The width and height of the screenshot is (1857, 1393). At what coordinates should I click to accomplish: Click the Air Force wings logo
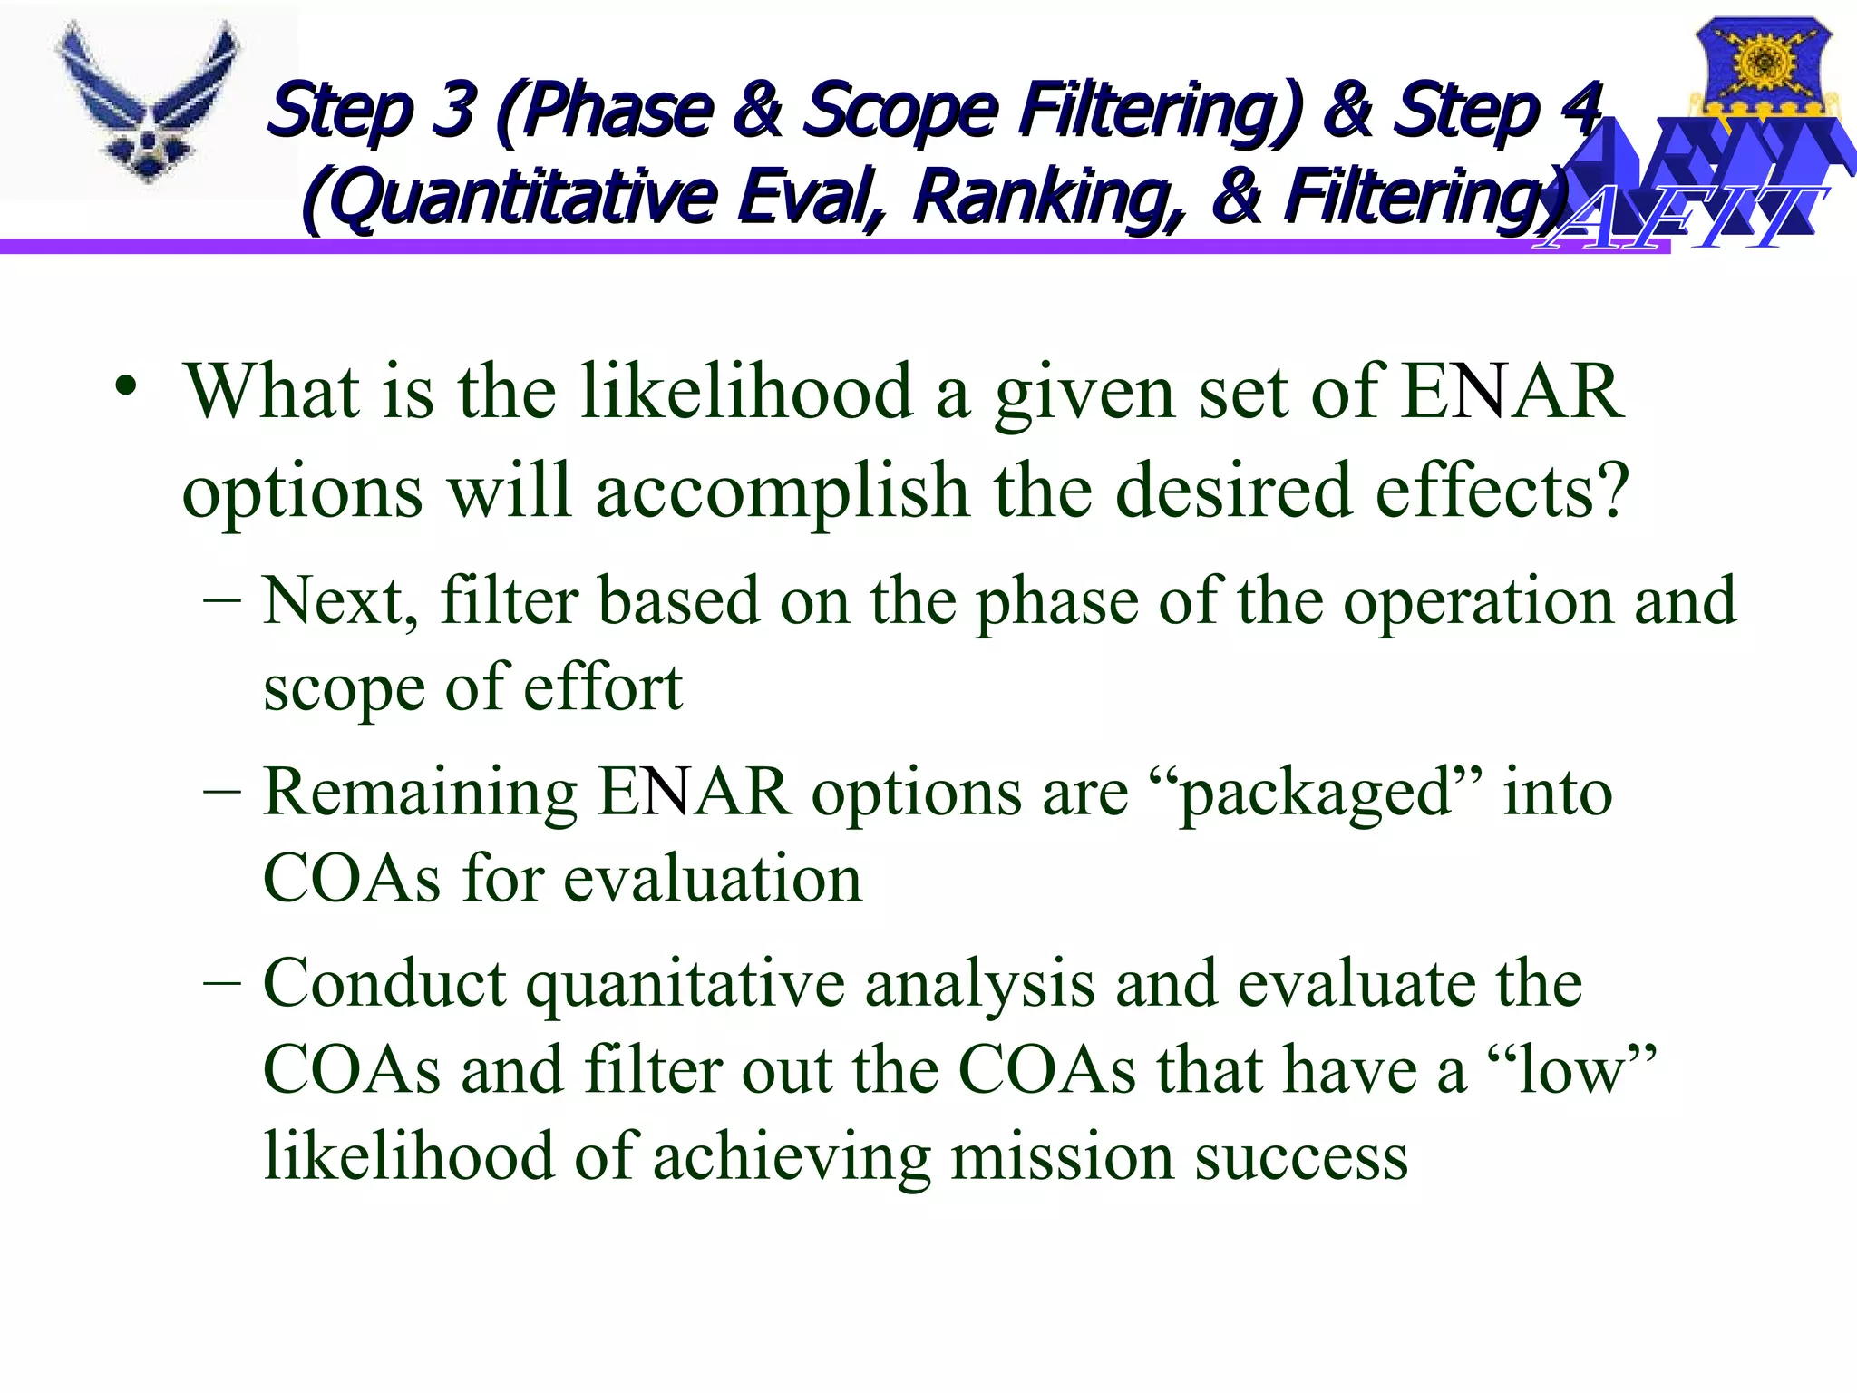(148, 101)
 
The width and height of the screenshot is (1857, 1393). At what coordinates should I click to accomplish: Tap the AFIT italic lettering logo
(1683, 218)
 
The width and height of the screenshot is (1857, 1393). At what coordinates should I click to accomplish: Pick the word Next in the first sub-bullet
(340, 601)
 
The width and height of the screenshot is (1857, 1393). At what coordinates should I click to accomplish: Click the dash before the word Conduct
(222, 983)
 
